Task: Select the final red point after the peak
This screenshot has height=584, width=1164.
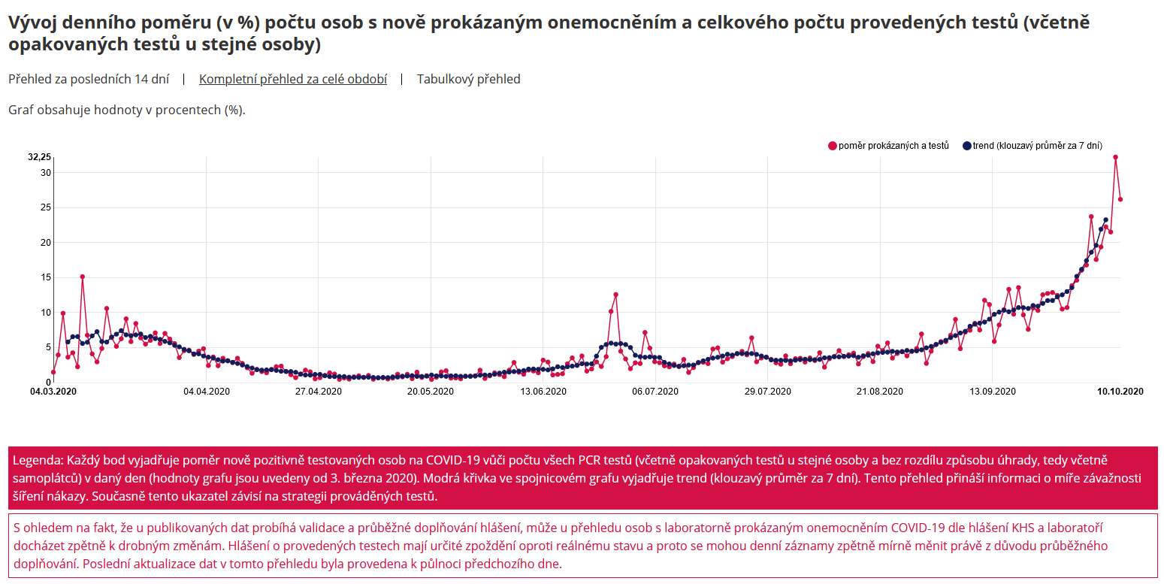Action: (1120, 199)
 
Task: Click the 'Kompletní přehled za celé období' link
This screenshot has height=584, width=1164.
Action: (293, 79)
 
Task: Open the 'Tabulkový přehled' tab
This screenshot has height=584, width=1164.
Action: (468, 79)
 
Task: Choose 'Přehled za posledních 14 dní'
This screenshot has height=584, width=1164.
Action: (89, 79)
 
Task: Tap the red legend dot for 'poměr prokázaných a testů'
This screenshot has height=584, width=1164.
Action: (833, 146)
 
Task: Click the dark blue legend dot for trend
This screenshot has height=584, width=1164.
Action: (967, 146)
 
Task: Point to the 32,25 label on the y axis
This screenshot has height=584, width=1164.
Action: (39, 157)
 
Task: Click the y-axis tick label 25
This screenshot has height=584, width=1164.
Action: (46, 207)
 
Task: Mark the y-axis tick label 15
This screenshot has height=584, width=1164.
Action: (46, 277)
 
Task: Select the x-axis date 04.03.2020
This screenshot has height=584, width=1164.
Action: (53, 391)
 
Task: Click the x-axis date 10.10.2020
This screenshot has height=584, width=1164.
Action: (1120, 391)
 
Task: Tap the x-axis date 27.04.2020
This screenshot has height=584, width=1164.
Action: (317, 391)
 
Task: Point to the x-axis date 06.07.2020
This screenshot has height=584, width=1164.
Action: (655, 391)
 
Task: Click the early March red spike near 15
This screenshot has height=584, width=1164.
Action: (83, 277)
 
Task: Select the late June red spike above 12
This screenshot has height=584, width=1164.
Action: (615, 295)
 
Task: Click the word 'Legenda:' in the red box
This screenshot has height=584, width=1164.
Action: (38, 459)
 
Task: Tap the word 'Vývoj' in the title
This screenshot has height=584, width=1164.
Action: (30, 22)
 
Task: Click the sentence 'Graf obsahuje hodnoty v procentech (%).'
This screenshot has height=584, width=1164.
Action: (127, 110)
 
